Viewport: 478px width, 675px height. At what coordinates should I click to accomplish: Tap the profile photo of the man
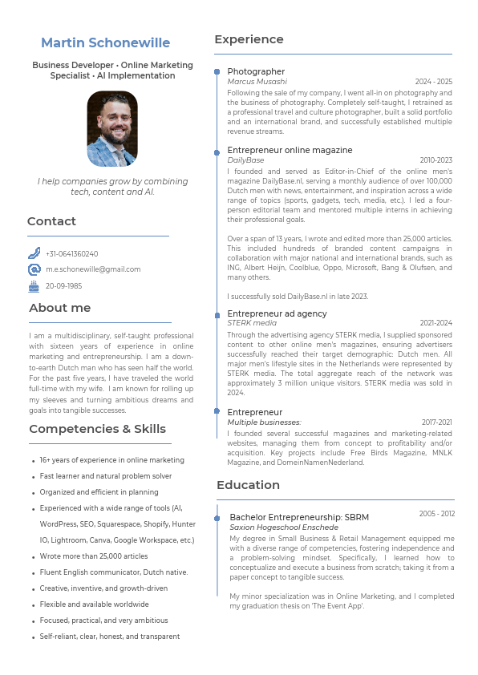click(112, 128)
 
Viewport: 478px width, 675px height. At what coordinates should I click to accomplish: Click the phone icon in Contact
click(34, 253)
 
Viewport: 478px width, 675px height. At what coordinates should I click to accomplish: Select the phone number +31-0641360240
click(72, 253)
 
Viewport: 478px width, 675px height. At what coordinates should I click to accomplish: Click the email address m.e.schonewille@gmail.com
click(93, 269)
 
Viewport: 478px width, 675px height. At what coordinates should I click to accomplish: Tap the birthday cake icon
click(34, 285)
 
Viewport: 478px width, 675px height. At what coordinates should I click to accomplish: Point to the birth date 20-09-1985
click(63, 285)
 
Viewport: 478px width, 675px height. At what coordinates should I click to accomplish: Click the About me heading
click(60, 308)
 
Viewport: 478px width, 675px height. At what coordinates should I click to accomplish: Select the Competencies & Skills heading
click(97, 429)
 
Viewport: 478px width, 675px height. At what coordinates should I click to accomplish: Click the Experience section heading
click(249, 39)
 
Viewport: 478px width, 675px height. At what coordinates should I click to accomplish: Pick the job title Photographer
click(256, 71)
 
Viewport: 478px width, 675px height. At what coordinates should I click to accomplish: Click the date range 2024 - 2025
click(433, 82)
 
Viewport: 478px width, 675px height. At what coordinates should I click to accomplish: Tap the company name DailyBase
click(245, 160)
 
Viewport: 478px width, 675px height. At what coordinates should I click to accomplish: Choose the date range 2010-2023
click(435, 160)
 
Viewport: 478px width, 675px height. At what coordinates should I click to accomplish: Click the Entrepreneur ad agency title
click(277, 313)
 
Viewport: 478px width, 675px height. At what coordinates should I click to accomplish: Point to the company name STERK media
click(252, 323)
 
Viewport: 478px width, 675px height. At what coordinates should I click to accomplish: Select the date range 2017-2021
click(436, 422)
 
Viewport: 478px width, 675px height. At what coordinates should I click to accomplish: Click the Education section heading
click(248, 485)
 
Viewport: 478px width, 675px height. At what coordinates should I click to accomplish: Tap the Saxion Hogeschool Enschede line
click(284, 527)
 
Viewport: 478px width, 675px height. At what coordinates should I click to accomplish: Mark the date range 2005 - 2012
click(436, 514)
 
